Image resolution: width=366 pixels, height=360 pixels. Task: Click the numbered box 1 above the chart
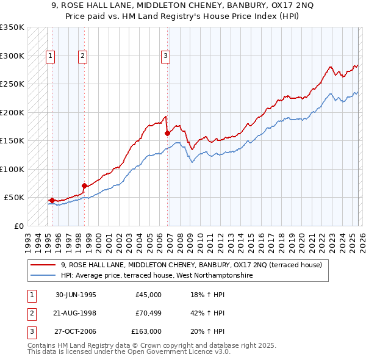click(x=50, y=56)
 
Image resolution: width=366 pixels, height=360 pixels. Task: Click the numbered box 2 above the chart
click(x=82, y=56)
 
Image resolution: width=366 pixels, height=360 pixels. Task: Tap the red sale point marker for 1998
click(x=85, y=185)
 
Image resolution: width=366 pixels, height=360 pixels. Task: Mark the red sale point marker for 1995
click(x=52, y=200)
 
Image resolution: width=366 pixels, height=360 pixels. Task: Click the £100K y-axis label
click(x=12, y=169)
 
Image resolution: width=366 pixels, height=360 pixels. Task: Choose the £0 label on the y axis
click(x=18, y=226)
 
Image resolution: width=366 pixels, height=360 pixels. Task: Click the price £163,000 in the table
click(x=146, y=331)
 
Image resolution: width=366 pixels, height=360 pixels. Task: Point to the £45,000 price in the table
click(x=148, y=295)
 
